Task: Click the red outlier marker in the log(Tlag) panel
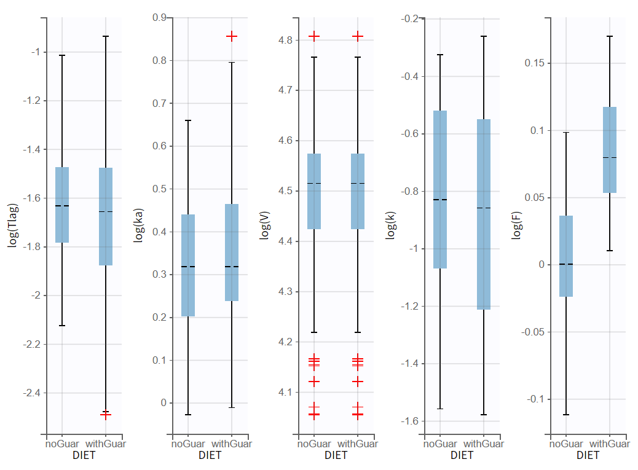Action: point(106,415)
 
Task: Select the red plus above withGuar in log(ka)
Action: point(232,36)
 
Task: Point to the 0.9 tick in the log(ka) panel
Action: point(160,18)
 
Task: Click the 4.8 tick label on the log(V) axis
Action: point(286,41)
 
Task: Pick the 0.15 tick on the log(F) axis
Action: point(534,63)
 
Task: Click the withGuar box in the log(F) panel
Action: point(610,150)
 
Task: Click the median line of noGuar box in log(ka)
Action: point(188,267)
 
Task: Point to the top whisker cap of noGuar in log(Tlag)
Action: point(62,55)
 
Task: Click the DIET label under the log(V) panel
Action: point(336,455)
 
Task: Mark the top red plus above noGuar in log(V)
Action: point(314,36)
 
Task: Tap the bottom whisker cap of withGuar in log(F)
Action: point(610,251)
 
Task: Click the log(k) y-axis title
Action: point(390,224)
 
